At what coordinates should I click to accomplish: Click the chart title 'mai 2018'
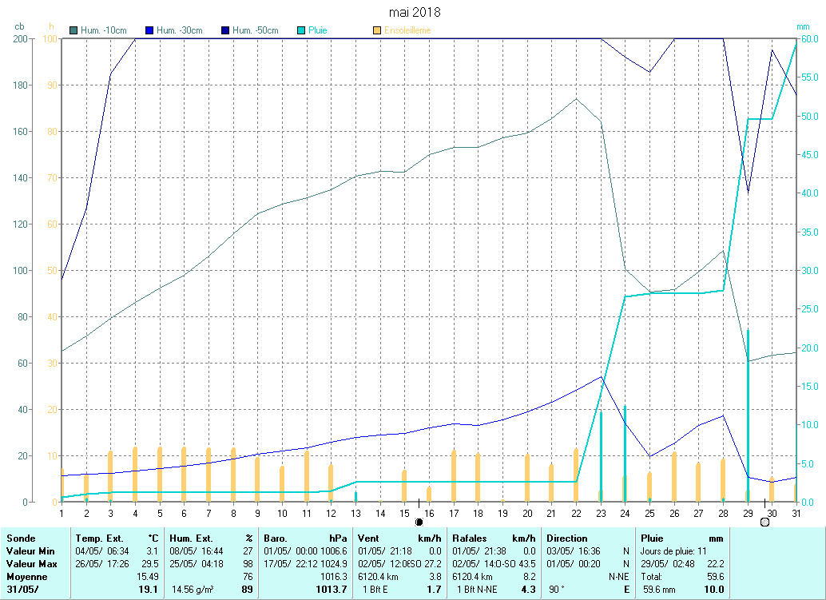pos(414,12)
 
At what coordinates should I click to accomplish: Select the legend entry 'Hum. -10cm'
pos(103,30)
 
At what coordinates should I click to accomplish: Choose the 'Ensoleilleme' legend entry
pos(407,30)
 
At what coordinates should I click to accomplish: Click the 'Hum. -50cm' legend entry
pos(255,30)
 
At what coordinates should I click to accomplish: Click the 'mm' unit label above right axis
pos(803,26)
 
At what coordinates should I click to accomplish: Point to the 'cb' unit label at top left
pos(19,26)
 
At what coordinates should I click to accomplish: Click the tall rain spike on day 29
pos(748,399)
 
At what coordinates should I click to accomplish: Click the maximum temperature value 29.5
pos(149,564)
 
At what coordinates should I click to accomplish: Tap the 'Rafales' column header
pos(469,538)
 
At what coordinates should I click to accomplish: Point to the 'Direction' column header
pos(567,538)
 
